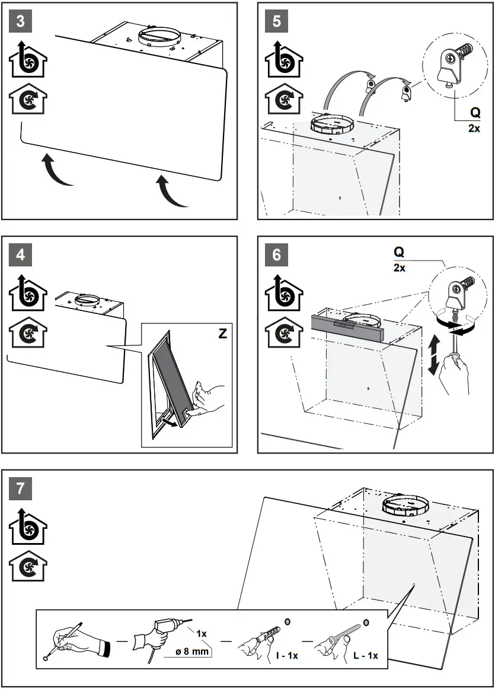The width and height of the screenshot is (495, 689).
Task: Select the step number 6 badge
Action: click(277, 255)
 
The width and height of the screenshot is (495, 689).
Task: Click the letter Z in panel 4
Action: click(222, 334)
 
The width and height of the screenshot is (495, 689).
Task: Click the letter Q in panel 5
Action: click(474, 113)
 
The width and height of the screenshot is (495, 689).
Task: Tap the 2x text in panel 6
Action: click(399, 268)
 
